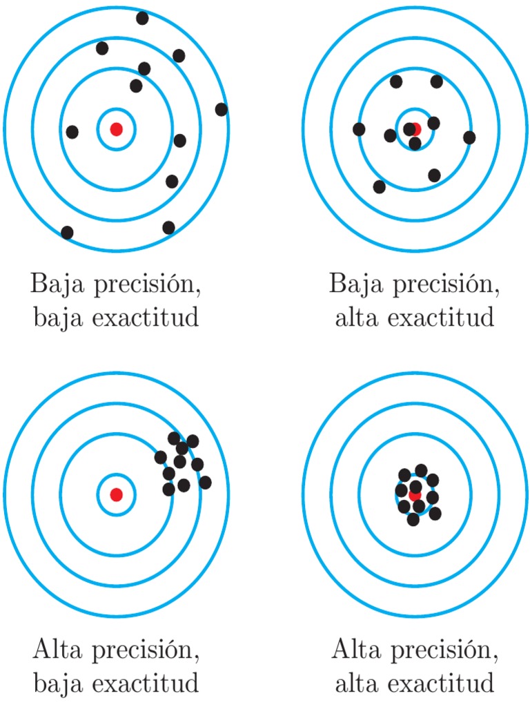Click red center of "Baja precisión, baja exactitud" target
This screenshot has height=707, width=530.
[x=117, y=128]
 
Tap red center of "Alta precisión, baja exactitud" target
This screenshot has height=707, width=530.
[x=117, y=494]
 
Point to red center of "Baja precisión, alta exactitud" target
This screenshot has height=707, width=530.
[x=415, y=128]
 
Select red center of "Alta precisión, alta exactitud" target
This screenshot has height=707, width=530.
[x=415, y=495]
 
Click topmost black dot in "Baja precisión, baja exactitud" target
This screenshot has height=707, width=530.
[x=142, y=18]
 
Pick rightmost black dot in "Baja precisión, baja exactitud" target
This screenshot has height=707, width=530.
[x=221, y=109]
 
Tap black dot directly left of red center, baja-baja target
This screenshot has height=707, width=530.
[x=72, y=131]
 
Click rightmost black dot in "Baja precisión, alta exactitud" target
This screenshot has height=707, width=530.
[x=469, y=137]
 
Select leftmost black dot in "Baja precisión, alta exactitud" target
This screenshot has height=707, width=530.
[x=359, y=129]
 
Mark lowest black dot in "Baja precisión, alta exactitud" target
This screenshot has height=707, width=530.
[x=379, y=186]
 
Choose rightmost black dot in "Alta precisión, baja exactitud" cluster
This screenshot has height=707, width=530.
[x=205, y=482]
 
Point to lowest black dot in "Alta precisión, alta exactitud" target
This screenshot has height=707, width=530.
[x=413, y=519]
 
